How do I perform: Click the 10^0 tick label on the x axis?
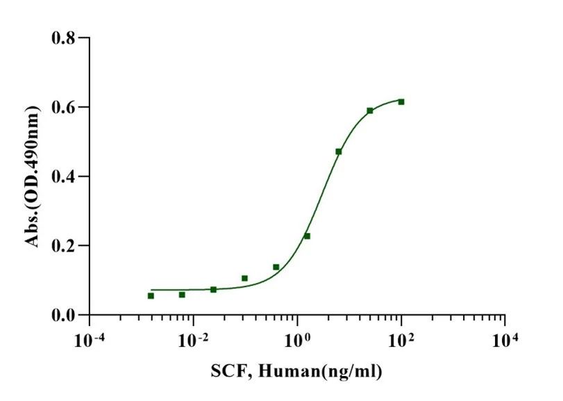pyautogui.click(x=298, y=340)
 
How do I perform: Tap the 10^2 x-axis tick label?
pyautogui.click(x=401, y=340)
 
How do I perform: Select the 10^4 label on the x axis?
pyautogui.click(x=505, y=340)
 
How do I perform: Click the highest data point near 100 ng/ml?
pyautogui.click(x=401, y=102)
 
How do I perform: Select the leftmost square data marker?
pyautogui.click(x=151, y=296)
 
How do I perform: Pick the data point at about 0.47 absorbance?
pyautogui.click(x=339, y=152)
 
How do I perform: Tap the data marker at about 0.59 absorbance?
pyautogui.click(x=370, y=111)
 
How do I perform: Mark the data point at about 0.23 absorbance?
pyautogui.click(x=307, y=236)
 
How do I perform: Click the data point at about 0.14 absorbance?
pyautogui.click(x=276, y=267)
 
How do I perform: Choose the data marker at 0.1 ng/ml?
pyautogui.click(x=244, y=278)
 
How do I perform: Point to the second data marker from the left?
pyautogui.click(x=182, y=295)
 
